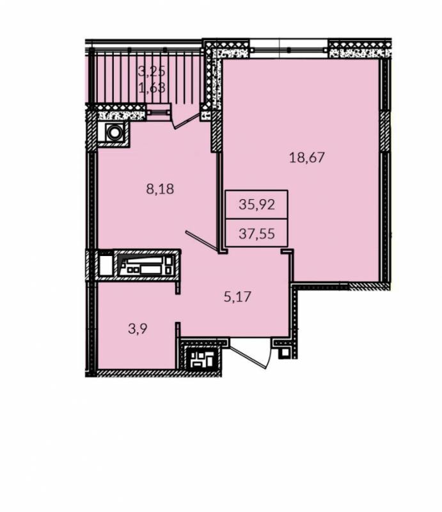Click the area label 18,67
click(x=307, y=157)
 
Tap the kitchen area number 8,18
click(x=160, y=189)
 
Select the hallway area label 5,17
click(x=237, y=296)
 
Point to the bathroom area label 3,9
click(x=138, y=329)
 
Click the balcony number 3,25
click(x=152, y=71)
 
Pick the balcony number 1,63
click(x=152, y=88)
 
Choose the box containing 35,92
click(x=257, y=204)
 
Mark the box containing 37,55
click(x=257, y=233)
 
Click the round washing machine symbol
click(x=114, y=132)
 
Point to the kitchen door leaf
click(x=202, y=242)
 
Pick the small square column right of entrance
click(x=285, y=353)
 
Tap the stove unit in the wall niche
click(x=146, y=265)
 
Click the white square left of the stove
click(x=106, y=266)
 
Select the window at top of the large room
click(x=288, y=49)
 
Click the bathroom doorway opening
click(x=178, y=308)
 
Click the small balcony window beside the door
click(x=159, y=113)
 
